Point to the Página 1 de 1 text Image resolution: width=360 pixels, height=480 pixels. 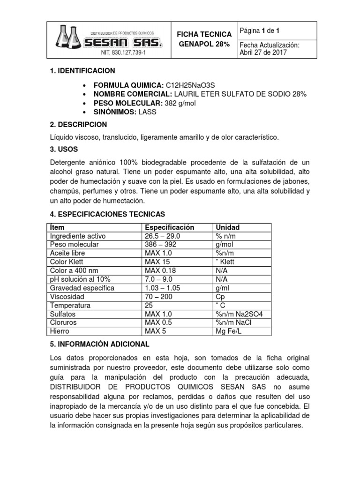pyautogui.click(x=259, y=31)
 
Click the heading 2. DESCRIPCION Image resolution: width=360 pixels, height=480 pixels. pyautogui.click(x=78, y=125)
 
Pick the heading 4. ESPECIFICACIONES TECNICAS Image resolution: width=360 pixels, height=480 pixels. pyautogui.click(x=107, y=214)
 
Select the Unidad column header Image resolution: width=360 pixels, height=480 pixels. pyautogui.click(x=227, y=227)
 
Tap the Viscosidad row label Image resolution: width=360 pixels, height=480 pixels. pyautogui.click(x=67, y=297)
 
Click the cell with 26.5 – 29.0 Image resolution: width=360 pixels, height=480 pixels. pyautogui.click(x=163, y=236)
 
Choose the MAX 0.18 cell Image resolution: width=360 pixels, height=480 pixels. pyautogui.click(x=160, y=270)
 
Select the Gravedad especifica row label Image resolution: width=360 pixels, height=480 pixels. pyautogui.click(x=82, y=288)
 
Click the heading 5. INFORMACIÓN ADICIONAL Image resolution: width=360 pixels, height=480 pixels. pyautogui.click(x=99, y=344)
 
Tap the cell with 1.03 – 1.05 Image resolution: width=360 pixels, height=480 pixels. pyautogui.click(x=163, y=288)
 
